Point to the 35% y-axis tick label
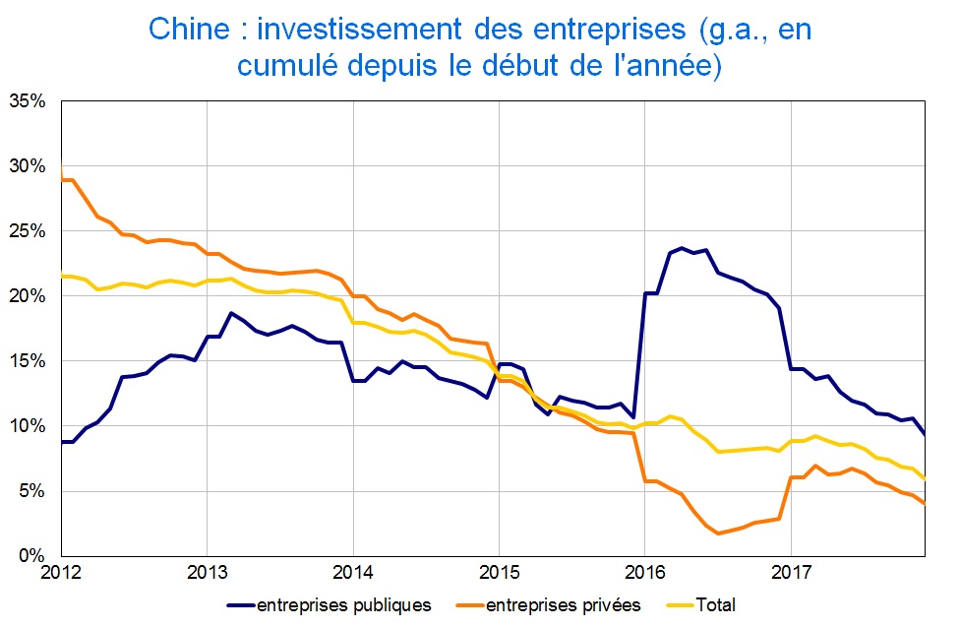pos(30,100)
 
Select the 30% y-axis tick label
pos(30,165)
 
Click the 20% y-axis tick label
pos(30,295)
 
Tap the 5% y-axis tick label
pos(33,490)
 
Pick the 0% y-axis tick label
pos(33,555)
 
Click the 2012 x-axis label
pos(60,572)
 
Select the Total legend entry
pos(715,605)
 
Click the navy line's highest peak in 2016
pos(681,248)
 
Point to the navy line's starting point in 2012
pos(61,442)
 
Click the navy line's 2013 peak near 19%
pos(230,313)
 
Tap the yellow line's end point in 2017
pos(925,479)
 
